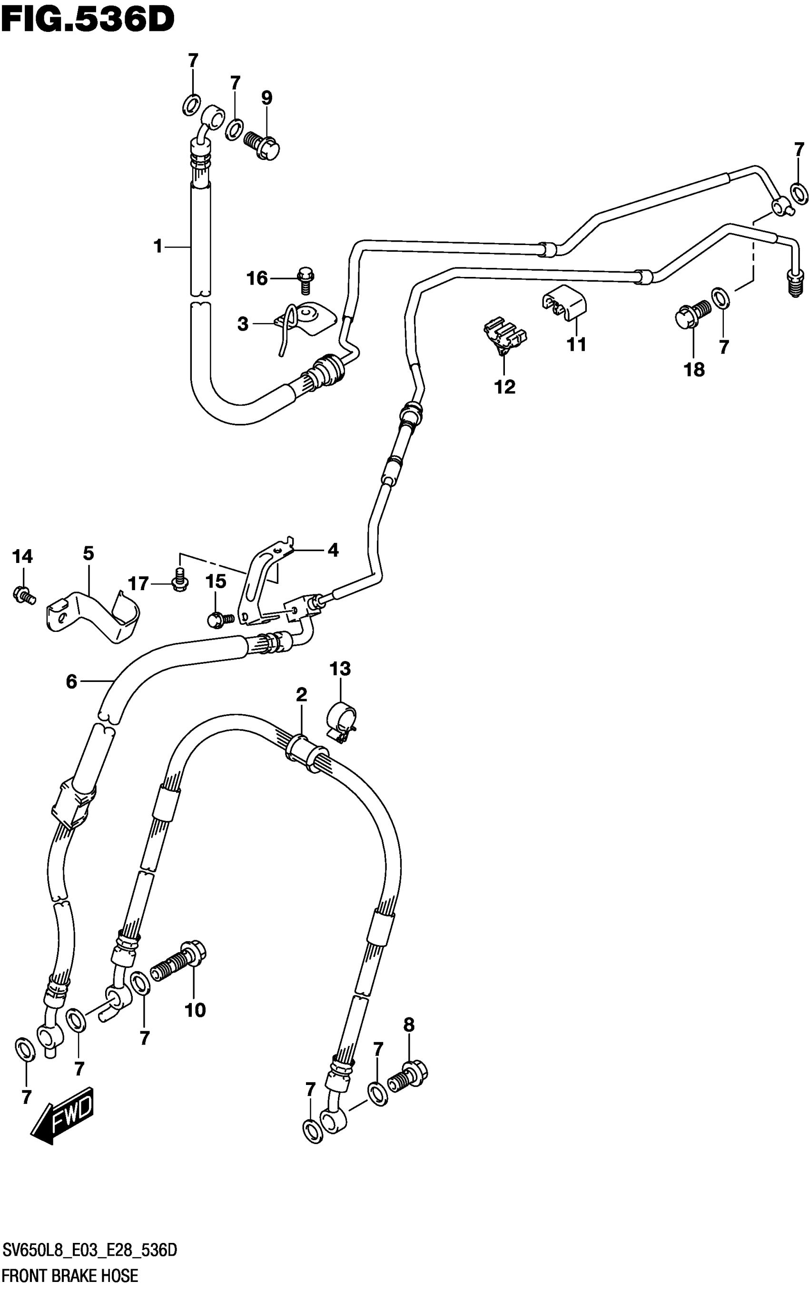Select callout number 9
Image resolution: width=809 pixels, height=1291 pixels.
(x=266, y=98)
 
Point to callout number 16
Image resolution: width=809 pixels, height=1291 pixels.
(x=257, y=278)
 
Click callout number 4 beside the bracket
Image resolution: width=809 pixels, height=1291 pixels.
(x=333, y=550)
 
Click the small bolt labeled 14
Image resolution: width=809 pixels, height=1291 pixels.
(x=23, y=594)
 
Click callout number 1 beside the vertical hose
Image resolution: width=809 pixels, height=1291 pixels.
(x=158, y=246)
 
